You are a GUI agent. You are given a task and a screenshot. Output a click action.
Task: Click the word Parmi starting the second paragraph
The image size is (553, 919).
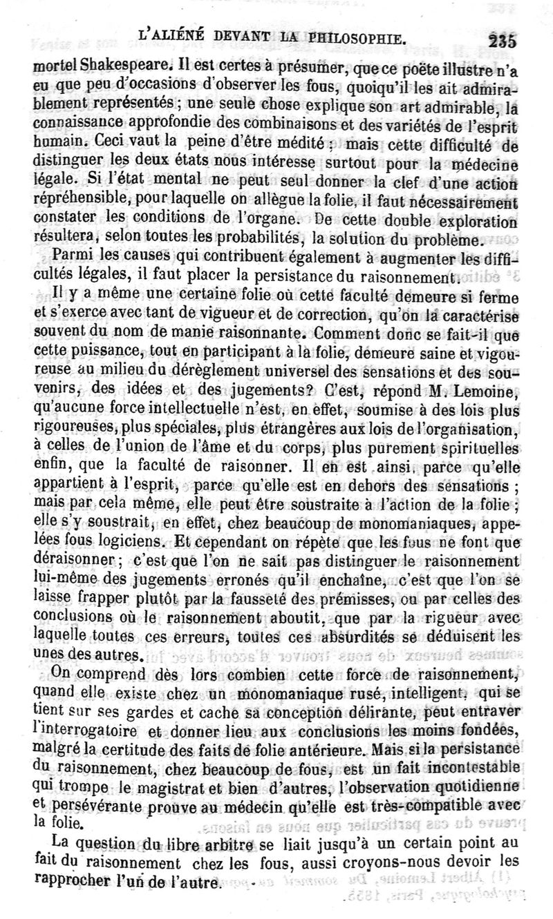[x=74, y=260]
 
